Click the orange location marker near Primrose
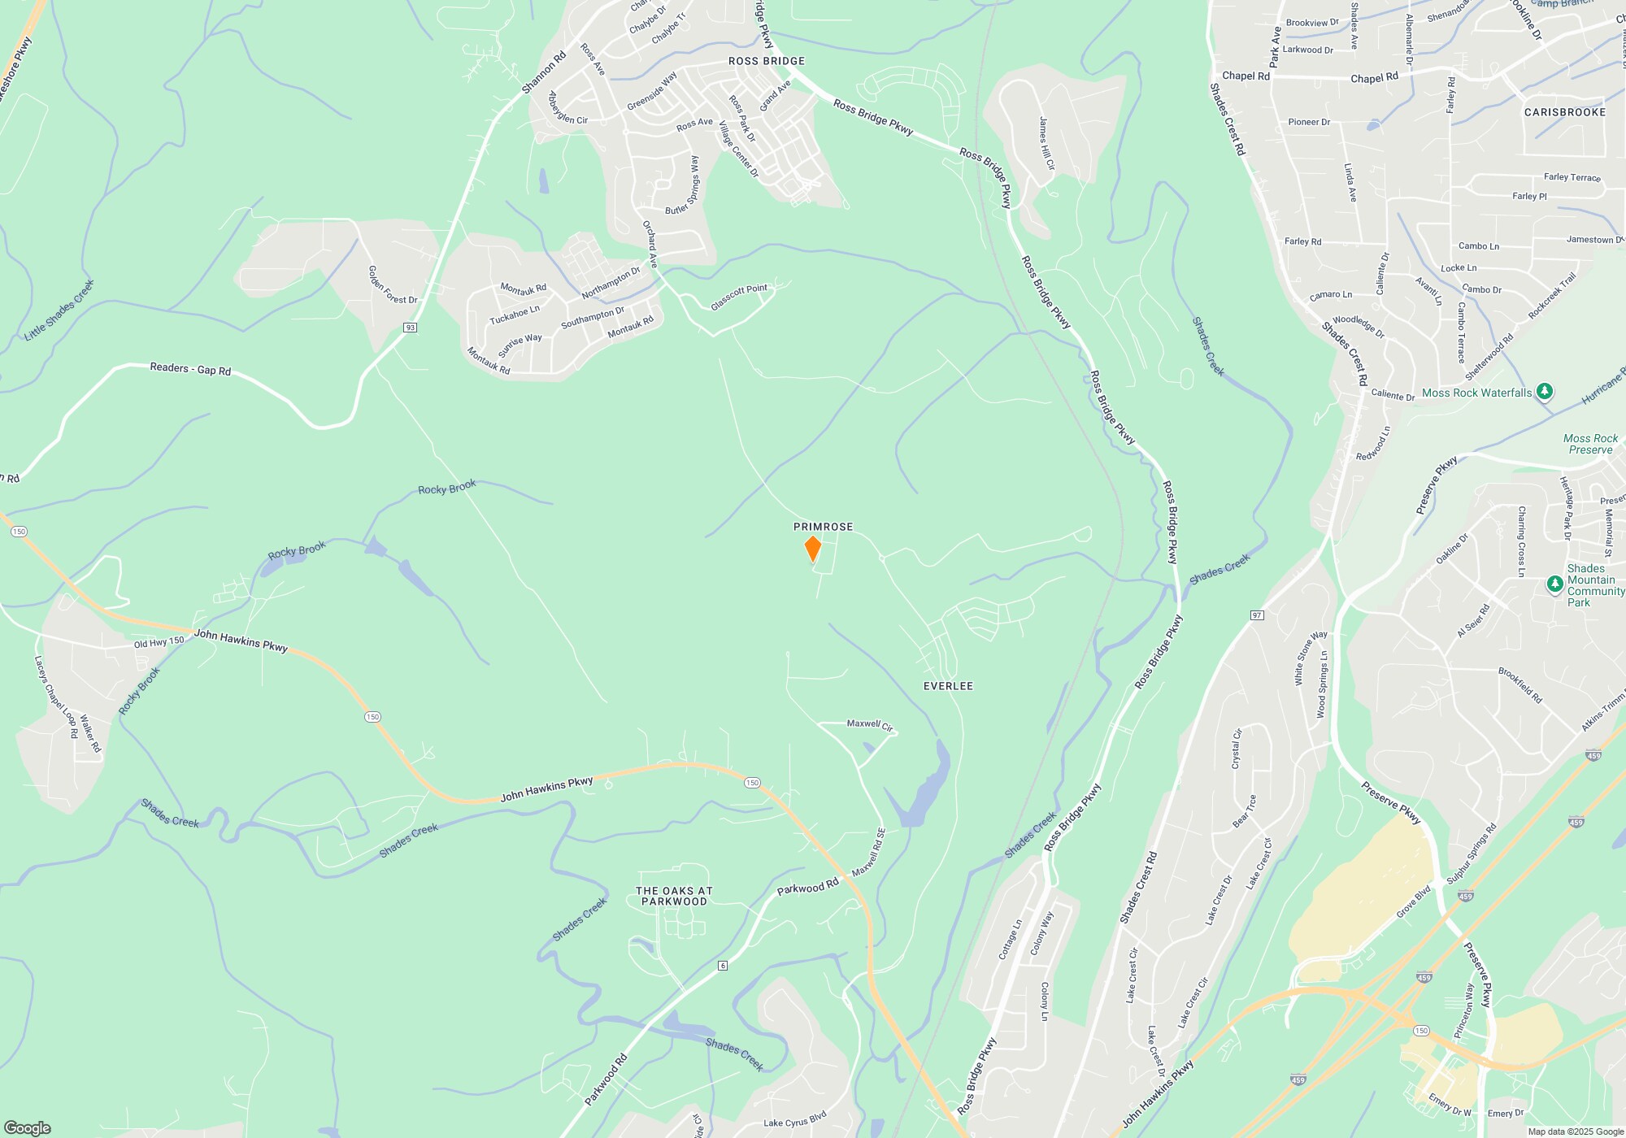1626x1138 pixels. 812,549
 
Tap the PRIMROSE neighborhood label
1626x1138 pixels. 823,527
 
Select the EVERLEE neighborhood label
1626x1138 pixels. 948,686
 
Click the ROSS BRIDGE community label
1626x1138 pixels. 766,61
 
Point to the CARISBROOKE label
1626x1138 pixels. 1564,112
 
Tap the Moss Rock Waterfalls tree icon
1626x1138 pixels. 1545,392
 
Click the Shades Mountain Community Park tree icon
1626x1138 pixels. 1554,584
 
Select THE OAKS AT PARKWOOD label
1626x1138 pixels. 674,896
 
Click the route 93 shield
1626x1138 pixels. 410,328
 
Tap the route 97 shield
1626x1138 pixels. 1257,615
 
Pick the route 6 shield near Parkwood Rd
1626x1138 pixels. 722,965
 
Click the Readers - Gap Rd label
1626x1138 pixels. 190,369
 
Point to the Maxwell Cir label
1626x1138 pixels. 870,724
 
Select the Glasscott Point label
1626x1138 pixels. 739,297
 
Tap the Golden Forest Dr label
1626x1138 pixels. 393,285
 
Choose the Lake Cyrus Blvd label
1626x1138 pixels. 794,1123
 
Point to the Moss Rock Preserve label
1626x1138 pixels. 1590,444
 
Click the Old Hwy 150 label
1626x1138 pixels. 159,643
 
